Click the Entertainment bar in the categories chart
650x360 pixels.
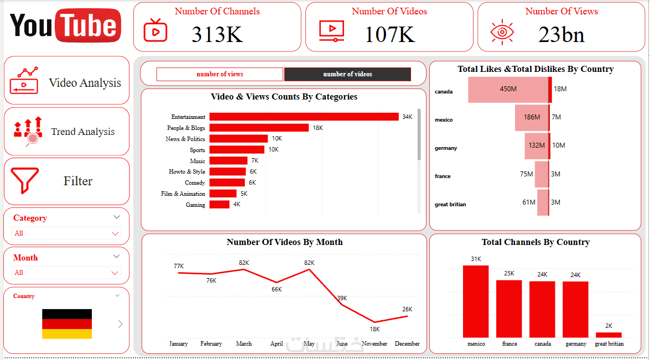304,117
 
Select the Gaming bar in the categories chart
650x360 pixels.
219,205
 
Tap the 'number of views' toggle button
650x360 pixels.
220,74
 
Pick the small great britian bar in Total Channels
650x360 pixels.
609,335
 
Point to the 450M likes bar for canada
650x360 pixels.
508,90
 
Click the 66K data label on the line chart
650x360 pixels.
277,289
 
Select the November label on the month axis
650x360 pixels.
375,343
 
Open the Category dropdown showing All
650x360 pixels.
66,233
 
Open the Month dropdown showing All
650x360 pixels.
66,273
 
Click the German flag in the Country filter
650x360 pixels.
67,324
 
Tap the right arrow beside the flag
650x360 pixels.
121,324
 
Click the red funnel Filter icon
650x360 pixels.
25,181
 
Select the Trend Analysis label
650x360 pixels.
83,132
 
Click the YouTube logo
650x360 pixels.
66,25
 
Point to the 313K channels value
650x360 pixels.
217,35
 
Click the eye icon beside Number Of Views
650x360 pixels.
502,32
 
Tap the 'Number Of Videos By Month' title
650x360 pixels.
284,242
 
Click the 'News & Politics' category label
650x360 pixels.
185,139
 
